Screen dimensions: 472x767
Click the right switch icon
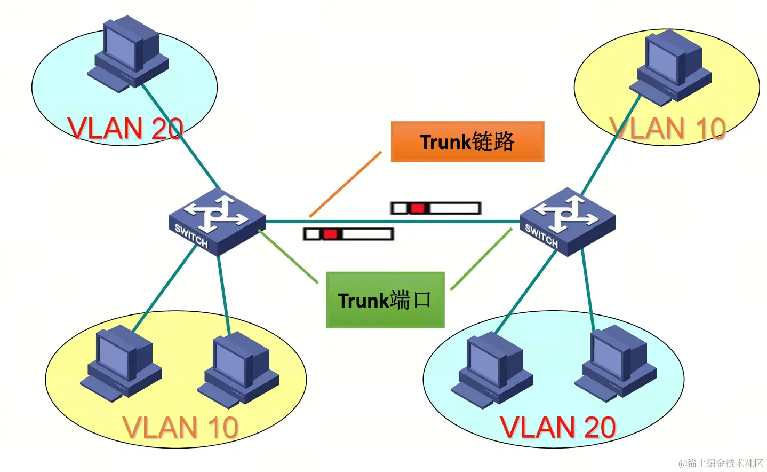[567, 221]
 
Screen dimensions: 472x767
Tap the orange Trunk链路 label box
[467, 141]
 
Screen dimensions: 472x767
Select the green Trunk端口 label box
[385, 300]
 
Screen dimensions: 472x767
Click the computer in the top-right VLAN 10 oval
[671, 67]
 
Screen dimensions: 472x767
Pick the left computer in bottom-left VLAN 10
[121, 363]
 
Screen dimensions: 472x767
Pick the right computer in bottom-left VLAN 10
[238, 368]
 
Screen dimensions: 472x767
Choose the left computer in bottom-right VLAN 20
[492, 370]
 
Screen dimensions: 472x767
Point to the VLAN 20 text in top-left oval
[125, 129]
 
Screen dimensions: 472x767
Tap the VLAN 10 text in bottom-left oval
[180, 427]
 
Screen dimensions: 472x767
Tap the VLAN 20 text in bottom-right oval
[558, 427]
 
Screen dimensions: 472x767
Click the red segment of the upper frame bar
[418, 208]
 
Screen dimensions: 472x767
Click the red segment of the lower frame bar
[330, 234]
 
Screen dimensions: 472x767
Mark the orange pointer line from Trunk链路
[346, 184]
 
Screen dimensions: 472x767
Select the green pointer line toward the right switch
[481, 259]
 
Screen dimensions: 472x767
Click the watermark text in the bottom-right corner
[721, 463]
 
